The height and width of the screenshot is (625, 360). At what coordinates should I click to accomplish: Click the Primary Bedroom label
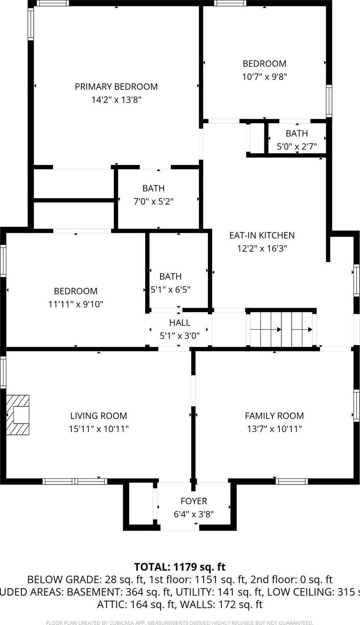(x=116, y=87)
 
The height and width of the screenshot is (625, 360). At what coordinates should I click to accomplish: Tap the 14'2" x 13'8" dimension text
(x=116, y=100)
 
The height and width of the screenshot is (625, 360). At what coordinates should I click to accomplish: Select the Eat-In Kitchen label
(x=262, y=235)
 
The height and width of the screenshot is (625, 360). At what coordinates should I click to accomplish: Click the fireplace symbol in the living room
(x=18, y=415)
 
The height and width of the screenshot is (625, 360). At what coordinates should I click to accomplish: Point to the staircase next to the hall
(x=281, y=329)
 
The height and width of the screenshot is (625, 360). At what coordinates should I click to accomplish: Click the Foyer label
(x=193, y=501)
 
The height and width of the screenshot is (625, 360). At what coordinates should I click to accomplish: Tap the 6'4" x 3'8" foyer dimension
(x=193, y=514)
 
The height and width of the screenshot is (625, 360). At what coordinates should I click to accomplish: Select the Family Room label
(x=274, y=416)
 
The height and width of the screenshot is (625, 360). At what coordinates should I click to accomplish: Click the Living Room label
(x=99, y=416)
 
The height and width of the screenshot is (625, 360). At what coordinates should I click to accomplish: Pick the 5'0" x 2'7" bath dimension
(x=297, y=147)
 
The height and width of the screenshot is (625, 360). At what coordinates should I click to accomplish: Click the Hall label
(x=180, y=323)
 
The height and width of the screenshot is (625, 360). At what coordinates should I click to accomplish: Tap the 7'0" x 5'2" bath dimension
(x=153, y=202)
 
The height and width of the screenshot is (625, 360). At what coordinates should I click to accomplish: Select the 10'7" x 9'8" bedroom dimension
(x=264, y=77)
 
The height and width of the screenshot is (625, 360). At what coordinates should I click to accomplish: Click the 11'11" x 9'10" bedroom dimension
(x=76, y=304)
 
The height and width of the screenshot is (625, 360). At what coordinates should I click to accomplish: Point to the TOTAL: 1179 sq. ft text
(x=180, y=567)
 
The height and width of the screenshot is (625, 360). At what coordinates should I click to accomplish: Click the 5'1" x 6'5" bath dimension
(x=170, y=290)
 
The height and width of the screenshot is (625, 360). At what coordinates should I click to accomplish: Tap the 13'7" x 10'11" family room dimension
(x=274, y=429)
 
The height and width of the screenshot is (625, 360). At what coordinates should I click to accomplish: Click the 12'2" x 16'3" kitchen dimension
(x=262, y=249)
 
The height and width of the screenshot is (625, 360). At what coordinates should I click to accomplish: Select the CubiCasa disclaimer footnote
(x=180, y=623)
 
